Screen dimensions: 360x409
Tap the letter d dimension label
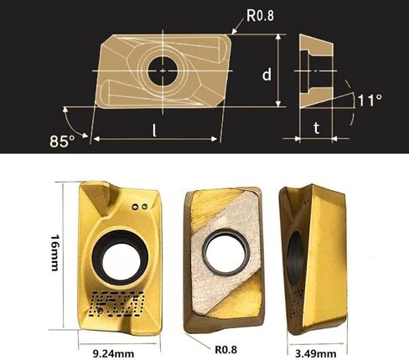tap(266, 74)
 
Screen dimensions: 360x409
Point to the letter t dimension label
tap(315, 128)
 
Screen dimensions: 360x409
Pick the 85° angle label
tap(62, 137)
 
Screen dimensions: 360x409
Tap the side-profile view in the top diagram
tap(315, 67)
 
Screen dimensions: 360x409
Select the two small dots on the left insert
tap(142, 205)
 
